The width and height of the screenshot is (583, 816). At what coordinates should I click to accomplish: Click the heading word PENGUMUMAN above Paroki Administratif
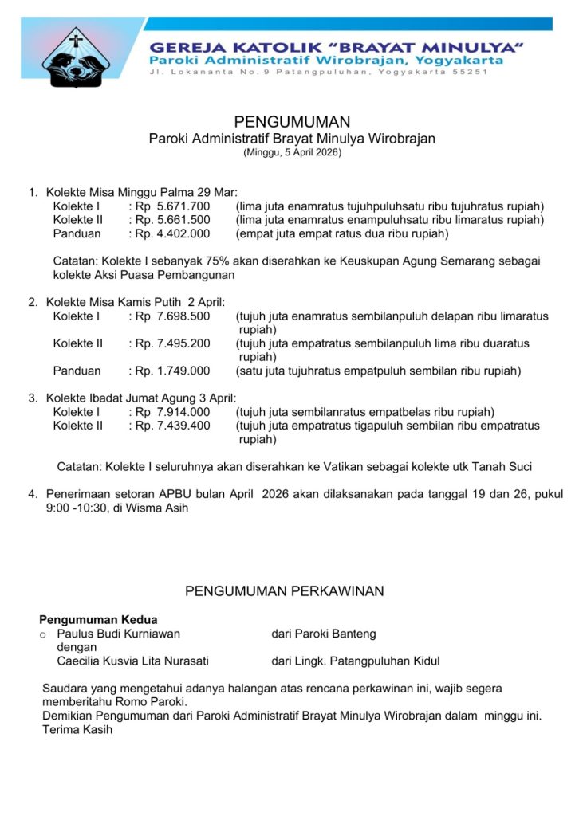(292, 122)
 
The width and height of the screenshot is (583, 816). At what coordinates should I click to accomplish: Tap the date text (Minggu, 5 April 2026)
(292, 152)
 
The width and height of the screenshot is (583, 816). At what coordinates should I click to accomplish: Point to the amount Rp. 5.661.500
(172, 220)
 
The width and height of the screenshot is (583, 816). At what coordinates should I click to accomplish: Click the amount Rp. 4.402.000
(172, 233)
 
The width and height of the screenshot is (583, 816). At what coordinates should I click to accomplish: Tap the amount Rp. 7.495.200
(172, 343)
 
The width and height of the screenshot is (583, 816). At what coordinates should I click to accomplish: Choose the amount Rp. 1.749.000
(172, 371)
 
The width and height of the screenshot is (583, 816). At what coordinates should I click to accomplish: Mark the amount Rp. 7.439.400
(172, 426)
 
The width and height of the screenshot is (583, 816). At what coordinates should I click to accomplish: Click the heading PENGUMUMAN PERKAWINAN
(285, 591)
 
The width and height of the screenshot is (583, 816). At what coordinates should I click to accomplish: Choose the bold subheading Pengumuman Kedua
(98, 619)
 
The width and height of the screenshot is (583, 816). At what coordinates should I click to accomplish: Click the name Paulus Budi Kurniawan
(118, 634)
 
